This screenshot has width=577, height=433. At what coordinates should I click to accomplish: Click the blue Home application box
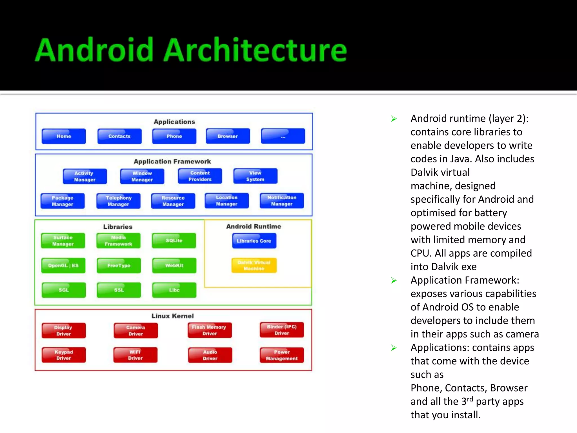click(x=64, y=136)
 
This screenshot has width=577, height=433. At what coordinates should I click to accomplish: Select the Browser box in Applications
click(x=228, y=136)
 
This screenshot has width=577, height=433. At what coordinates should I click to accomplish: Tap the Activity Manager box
click(x=85, y=176)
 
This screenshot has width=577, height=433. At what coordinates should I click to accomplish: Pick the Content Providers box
click(x=200, y=176)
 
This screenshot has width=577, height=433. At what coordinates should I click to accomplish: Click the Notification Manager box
click(x=282, y=201)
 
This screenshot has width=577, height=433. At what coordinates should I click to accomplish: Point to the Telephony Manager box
click(x=118, y=201)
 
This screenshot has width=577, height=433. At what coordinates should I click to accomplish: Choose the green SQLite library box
click(x=174, y=241)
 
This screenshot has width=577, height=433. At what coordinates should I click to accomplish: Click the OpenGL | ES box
click(x=63, y=266)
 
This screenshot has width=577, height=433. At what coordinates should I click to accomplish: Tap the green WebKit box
click(x=174, y=266)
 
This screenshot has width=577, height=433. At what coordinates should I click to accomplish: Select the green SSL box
click(x=119, y=290)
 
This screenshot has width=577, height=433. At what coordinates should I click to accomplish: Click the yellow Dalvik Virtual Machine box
click(x=254, y=266)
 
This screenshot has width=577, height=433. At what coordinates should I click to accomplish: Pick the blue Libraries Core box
click(x=254, y=241)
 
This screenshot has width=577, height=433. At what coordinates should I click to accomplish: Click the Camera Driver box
click(x=136, y=331)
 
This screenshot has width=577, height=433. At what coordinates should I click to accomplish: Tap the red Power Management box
click(x=282, y=355)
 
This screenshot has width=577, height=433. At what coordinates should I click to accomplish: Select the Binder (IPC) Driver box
click(x=282, y=330)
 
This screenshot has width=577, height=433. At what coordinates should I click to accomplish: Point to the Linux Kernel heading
click(x=173, y=316)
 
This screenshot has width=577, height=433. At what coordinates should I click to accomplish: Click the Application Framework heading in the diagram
click(x=172, y=162)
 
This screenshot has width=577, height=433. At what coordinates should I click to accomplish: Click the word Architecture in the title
click(x=255, y=50)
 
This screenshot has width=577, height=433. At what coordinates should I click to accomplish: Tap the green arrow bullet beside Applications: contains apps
click(x=394, y=348)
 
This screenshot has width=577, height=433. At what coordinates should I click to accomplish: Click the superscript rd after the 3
click(x=470, y=399)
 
